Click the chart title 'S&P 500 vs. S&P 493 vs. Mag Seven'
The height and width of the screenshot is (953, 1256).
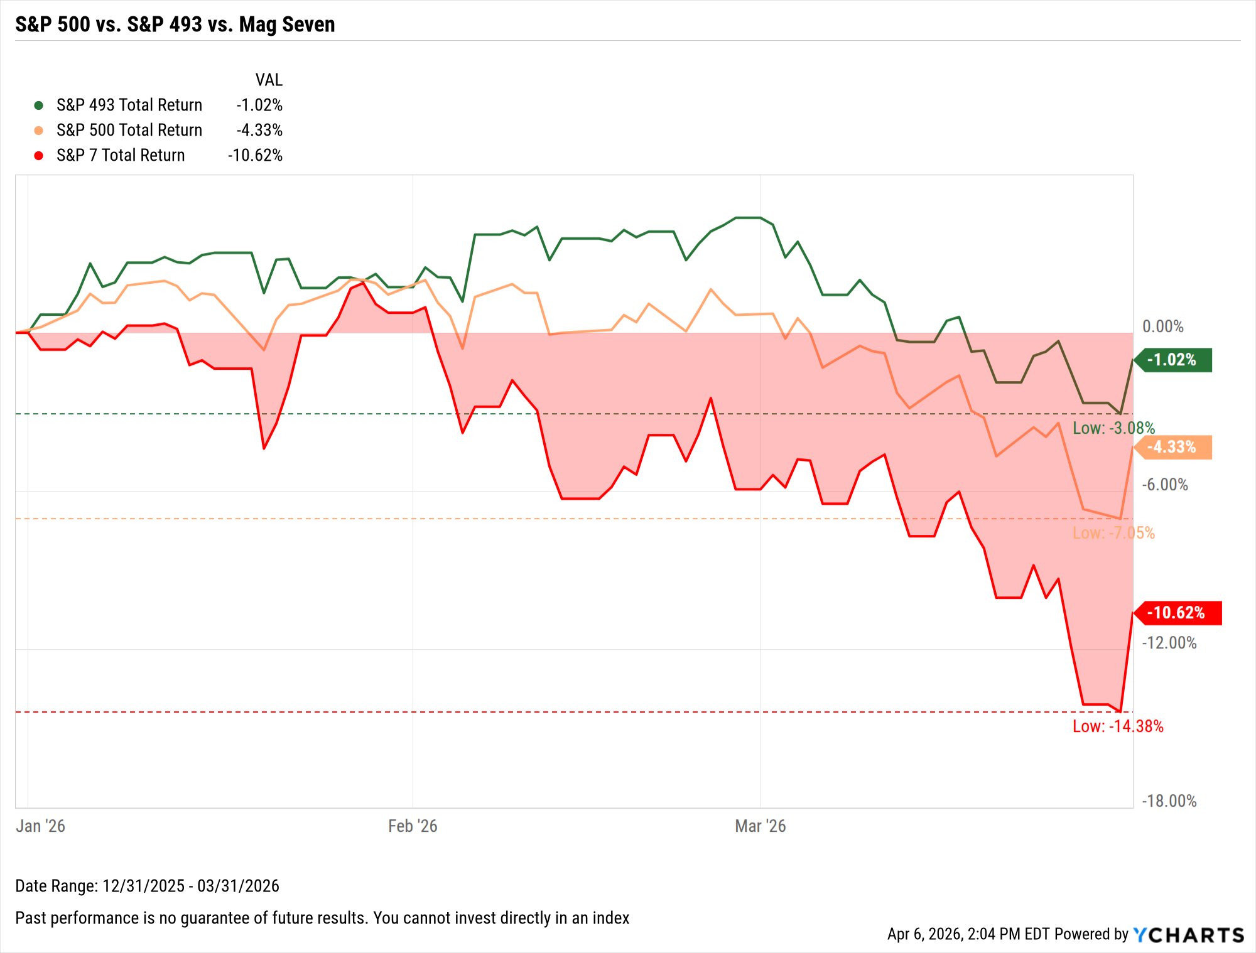[x=175, y=24]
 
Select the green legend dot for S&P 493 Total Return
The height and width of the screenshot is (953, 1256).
[x=38, y=105]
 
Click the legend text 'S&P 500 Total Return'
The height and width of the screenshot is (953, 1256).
[x=129, y=130]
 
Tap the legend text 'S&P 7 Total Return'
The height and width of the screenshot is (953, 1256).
[x=121, y=155]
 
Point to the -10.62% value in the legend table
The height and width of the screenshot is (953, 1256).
[x=255, y=155]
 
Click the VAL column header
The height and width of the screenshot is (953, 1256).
[x=269, y=80]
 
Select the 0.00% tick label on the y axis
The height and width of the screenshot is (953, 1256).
[x=1162, y=326]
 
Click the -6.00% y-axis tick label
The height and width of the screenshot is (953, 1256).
[x=1164, y=485]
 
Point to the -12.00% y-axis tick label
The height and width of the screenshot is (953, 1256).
[x=1169, y=643]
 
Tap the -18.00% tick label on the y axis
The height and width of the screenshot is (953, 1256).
[x=1169, y=801]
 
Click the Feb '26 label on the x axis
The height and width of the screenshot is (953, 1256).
[x=413, y=826]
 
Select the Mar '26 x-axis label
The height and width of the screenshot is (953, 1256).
[x=760, y=826]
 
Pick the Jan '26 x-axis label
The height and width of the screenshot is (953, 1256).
[x=40, y=826]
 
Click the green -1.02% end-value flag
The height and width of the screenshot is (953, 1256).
[x=1173, y=360]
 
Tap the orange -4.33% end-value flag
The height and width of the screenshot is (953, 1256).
[x=1173, y=447]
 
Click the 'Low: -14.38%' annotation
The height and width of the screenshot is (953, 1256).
[x=1118, y=726]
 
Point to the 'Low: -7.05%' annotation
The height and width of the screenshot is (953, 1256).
[x=1113, y=533]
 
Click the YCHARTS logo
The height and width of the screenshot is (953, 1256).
[x=1188, y=935]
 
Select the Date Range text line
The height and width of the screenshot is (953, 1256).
[x=147, y=886]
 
